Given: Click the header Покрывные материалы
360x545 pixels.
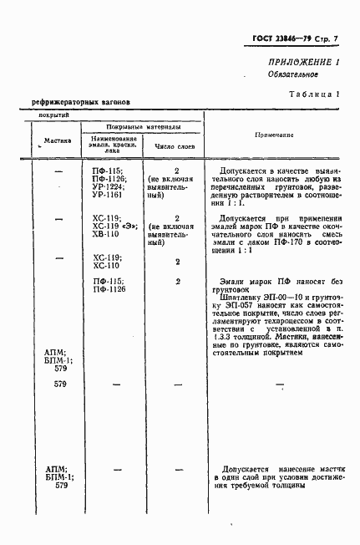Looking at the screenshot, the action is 142,127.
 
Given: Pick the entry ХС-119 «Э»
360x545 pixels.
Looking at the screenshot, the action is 114,226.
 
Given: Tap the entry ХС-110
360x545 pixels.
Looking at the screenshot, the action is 108,264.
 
